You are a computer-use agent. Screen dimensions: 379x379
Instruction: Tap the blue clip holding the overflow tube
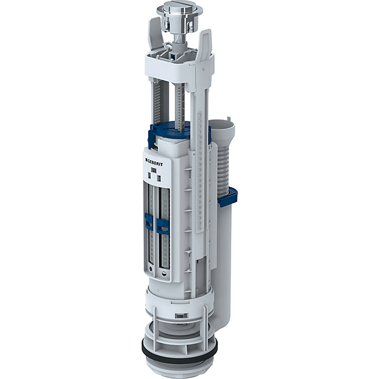tap(227, 197)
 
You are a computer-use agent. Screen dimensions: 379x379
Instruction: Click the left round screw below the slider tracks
tap(150, 268)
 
